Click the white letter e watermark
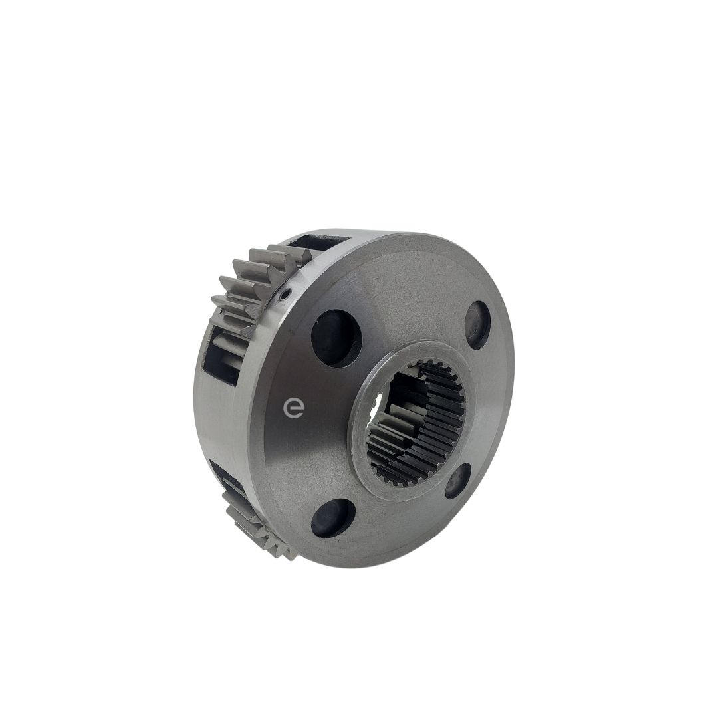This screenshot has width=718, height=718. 293,407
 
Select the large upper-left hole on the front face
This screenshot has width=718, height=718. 336,338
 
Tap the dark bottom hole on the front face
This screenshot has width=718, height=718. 333,518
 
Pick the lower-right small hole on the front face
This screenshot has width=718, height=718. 458,481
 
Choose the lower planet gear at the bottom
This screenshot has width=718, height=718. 257,522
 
